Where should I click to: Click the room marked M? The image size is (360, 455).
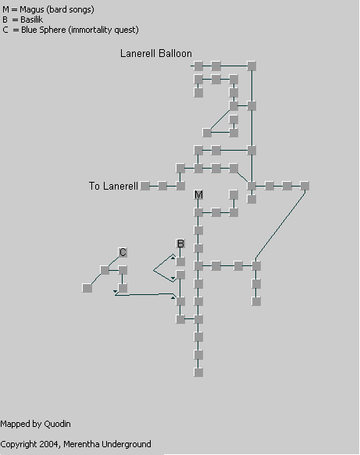(x=198, y=194)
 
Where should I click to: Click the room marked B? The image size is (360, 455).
(x=180, y=243)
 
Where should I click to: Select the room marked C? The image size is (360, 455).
(x=123, y=252)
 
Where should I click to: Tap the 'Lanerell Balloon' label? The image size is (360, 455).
(x=156, y=53)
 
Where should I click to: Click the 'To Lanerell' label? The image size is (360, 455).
(x=113, y=186)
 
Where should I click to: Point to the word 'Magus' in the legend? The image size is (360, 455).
(x=32, y=10)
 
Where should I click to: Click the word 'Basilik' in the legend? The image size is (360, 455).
(x=32, y=20)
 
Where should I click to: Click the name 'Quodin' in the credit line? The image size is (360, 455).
(x=57, y=424)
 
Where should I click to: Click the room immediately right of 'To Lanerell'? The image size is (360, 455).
(x=145, y=186)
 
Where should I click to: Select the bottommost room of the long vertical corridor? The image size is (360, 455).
(x=198, y=372)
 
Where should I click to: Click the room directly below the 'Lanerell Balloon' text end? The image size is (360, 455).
(x=198, y=66)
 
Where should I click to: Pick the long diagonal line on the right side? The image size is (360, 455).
(x=280, y=225)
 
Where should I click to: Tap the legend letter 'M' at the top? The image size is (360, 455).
(x=5, y=9)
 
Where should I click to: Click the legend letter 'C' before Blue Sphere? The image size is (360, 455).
(x=5, y=30)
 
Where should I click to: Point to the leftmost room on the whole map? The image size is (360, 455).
(x=87, y=288)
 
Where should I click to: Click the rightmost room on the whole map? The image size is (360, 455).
(x=305, y=186)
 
